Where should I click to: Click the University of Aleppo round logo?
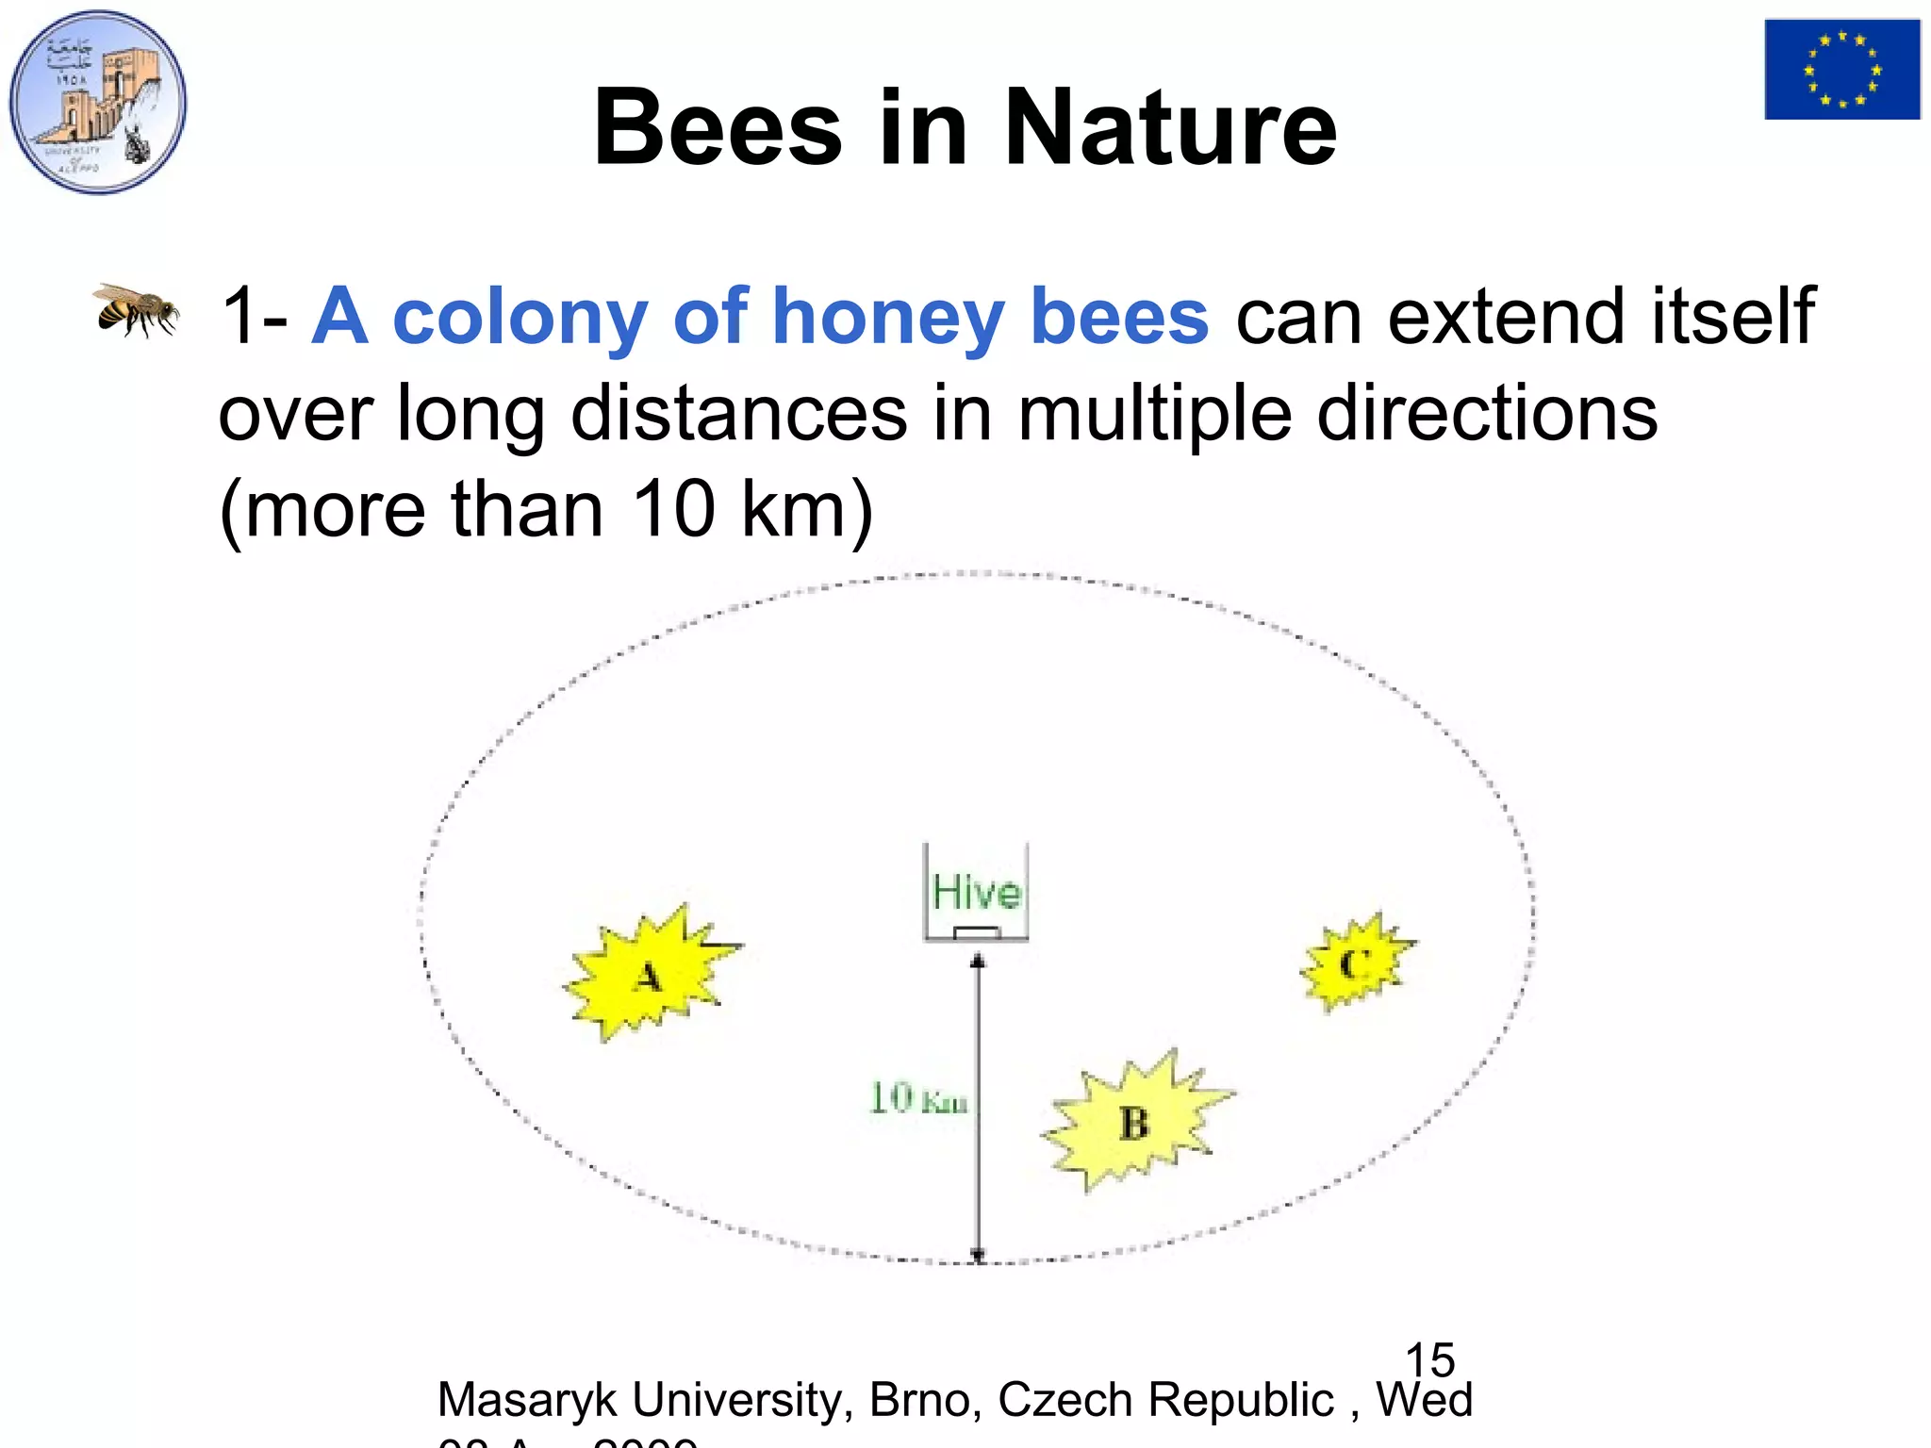coord(98,102)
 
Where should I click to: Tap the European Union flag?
coord(1841,70)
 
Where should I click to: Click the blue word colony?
coord(520,318)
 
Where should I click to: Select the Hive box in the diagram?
coord(976,892)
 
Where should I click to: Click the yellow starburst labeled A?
coord(649,974)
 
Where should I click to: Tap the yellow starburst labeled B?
coord(1134,1121)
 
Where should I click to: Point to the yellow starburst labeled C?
coord(1355,963)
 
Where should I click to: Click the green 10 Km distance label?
coord(917,1098)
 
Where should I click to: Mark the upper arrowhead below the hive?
coord(978,961)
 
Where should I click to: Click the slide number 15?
coord(1429,1359)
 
